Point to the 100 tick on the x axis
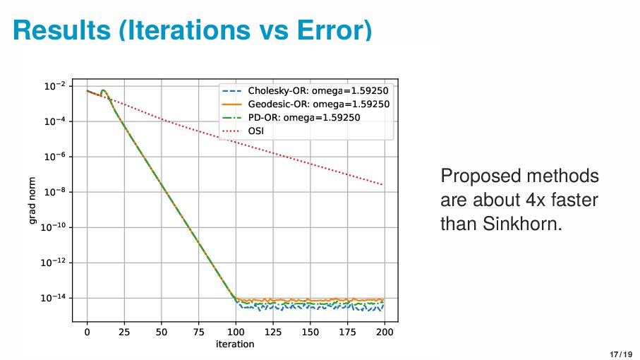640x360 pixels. (x=236, y=332)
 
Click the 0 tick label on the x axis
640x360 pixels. (x=87, y=332)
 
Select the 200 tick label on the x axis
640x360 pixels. (x=385, y=332)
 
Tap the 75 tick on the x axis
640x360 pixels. (x=198, y=332)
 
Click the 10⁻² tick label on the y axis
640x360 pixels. (x=55, y=86)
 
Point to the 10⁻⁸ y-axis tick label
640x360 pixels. (x=55, y=192)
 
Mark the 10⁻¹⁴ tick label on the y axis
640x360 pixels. (x=54, y=298)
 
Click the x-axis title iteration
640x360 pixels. (x=235, y=344)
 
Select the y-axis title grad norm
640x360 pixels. (x=32, y=200)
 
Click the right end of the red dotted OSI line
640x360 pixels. (x=383, y=185)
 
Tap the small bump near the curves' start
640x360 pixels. (x=103, y=91)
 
